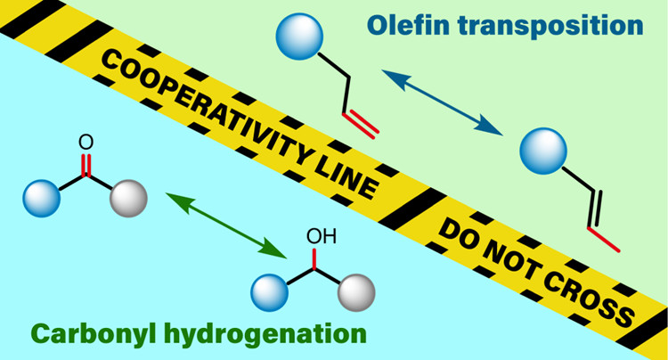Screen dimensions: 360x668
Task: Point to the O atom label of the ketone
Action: (86, 141)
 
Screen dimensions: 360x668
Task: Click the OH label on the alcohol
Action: (318, 239)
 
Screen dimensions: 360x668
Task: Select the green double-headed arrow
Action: (219, 217)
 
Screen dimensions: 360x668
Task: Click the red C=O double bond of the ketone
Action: (86, 165)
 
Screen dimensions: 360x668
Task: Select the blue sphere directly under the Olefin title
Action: (297, 39)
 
